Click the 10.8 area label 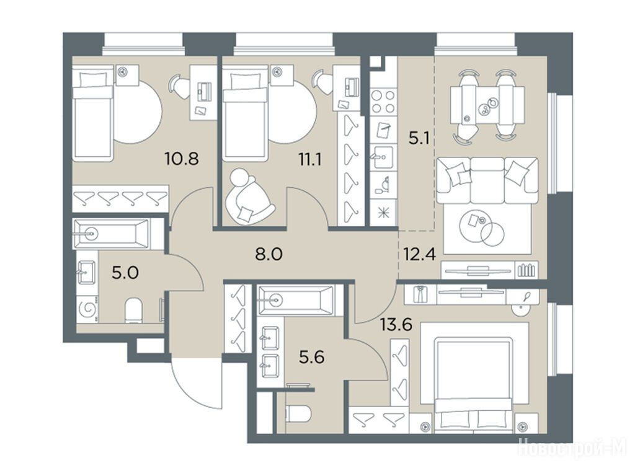182,158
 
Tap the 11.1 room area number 310,160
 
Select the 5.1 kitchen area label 419,139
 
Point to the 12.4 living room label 419,255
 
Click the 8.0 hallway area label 269,254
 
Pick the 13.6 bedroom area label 396,324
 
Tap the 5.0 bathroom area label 125,273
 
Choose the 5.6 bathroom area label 312,358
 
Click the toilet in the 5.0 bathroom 133,311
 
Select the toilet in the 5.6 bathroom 298,414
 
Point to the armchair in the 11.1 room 248,196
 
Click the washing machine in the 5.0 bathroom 87,309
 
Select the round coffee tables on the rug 482,227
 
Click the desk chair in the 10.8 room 179,86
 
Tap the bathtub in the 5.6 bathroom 296,300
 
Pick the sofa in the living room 487,181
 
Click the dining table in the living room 487,105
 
